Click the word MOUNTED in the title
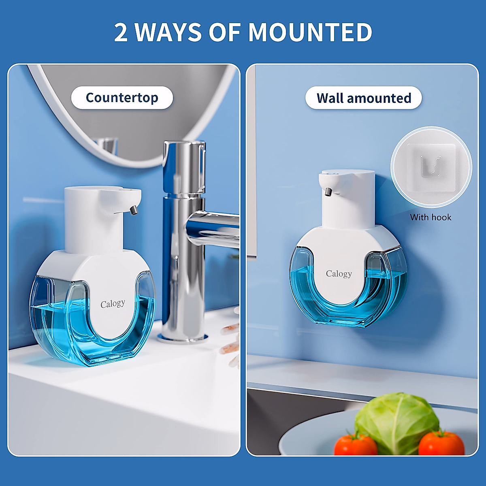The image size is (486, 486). click(310, 32)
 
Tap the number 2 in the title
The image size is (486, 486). click(121, 32)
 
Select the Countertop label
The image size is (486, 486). click(122, 98)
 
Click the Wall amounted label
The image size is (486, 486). click(364, 98)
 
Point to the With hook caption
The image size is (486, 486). click(431, 217)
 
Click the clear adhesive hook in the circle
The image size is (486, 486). click(431, 166)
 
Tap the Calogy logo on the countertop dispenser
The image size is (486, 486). click(113, 304)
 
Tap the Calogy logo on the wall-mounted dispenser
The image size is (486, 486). click(339, 274)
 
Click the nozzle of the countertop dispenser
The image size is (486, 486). click(133, 210)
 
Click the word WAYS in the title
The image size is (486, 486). click(168, 32)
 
